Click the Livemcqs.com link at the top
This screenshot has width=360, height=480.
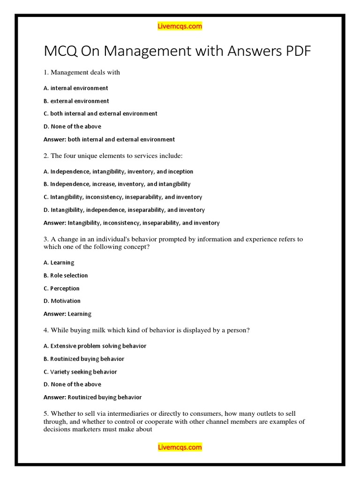[180, 27]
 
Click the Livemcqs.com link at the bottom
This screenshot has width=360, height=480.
[180, 447]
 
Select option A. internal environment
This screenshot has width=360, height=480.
[76, 88]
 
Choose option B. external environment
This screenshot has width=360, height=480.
[76, 101]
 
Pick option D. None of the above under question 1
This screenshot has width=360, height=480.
[72, 127]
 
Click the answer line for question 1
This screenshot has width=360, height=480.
[109, 139]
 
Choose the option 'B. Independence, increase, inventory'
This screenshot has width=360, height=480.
[117, 184]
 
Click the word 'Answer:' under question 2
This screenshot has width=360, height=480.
[55, 223]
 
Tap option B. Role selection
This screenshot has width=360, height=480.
[66, 276]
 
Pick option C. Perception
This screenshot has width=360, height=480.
[61, 288]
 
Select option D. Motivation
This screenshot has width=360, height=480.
[62, 301]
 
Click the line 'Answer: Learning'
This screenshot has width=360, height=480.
[67, 314]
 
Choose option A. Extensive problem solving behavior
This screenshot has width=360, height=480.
[95, 346]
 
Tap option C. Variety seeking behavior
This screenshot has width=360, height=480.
[80, 372]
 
